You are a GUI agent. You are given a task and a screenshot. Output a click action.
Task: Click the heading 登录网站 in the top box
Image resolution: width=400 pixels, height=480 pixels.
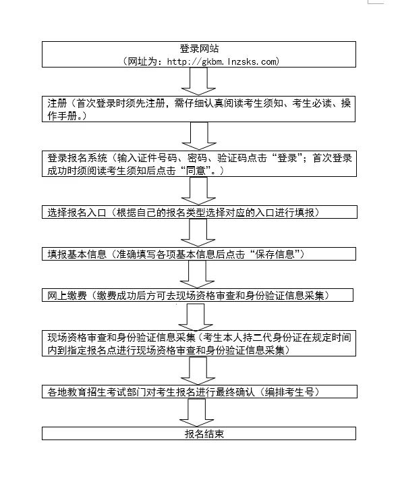[199, 49]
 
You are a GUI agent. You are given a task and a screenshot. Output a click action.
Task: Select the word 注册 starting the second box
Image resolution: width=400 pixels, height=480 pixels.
[57, 103]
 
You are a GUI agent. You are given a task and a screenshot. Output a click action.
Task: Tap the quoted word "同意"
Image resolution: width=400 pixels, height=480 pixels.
[196, 171]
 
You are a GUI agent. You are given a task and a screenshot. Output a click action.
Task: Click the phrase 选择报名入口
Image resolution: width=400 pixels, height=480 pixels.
[76, 212]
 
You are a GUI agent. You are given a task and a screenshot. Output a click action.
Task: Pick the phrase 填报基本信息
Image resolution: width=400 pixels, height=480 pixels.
[76, 254]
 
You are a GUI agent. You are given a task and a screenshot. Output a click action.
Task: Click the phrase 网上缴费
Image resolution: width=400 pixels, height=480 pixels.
[67, 296]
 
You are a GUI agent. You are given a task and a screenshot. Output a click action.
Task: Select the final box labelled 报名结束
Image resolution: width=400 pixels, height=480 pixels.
[199, 433]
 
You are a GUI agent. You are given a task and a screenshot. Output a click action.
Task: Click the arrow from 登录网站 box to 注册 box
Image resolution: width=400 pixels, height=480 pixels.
[198, 81]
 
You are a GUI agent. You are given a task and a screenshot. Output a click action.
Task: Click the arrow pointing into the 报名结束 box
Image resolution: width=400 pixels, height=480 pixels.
[196, 412]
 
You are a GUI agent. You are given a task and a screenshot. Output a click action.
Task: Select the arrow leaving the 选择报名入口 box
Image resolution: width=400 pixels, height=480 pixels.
[198, 233]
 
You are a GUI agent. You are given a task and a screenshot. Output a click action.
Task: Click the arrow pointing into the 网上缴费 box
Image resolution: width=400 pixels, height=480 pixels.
[197, 274]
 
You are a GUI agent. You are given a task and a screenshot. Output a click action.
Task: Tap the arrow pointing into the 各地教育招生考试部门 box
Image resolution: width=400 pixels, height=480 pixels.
[198, 371]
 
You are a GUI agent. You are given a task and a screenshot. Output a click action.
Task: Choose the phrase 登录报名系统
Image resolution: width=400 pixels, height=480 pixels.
[76, 158]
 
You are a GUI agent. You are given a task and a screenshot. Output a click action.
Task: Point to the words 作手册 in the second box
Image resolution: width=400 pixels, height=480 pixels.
[62, 116]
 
